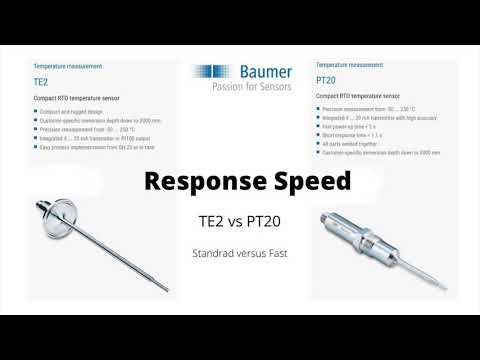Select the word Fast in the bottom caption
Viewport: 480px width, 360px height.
[276, 254]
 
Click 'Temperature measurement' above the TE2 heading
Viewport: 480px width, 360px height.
[69, 65]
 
